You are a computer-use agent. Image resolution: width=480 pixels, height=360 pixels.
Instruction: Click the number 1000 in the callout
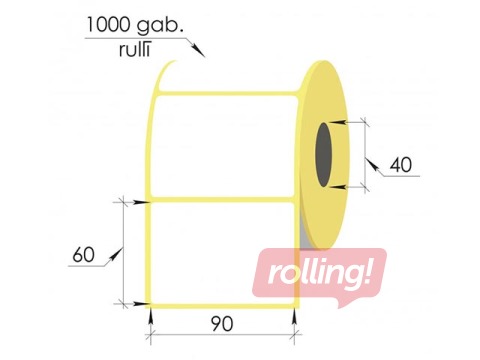coord(113,23)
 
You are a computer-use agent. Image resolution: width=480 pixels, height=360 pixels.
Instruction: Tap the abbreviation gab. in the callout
coord(168,23)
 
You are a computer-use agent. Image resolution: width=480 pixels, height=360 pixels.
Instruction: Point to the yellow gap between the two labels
coord(222,199)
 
